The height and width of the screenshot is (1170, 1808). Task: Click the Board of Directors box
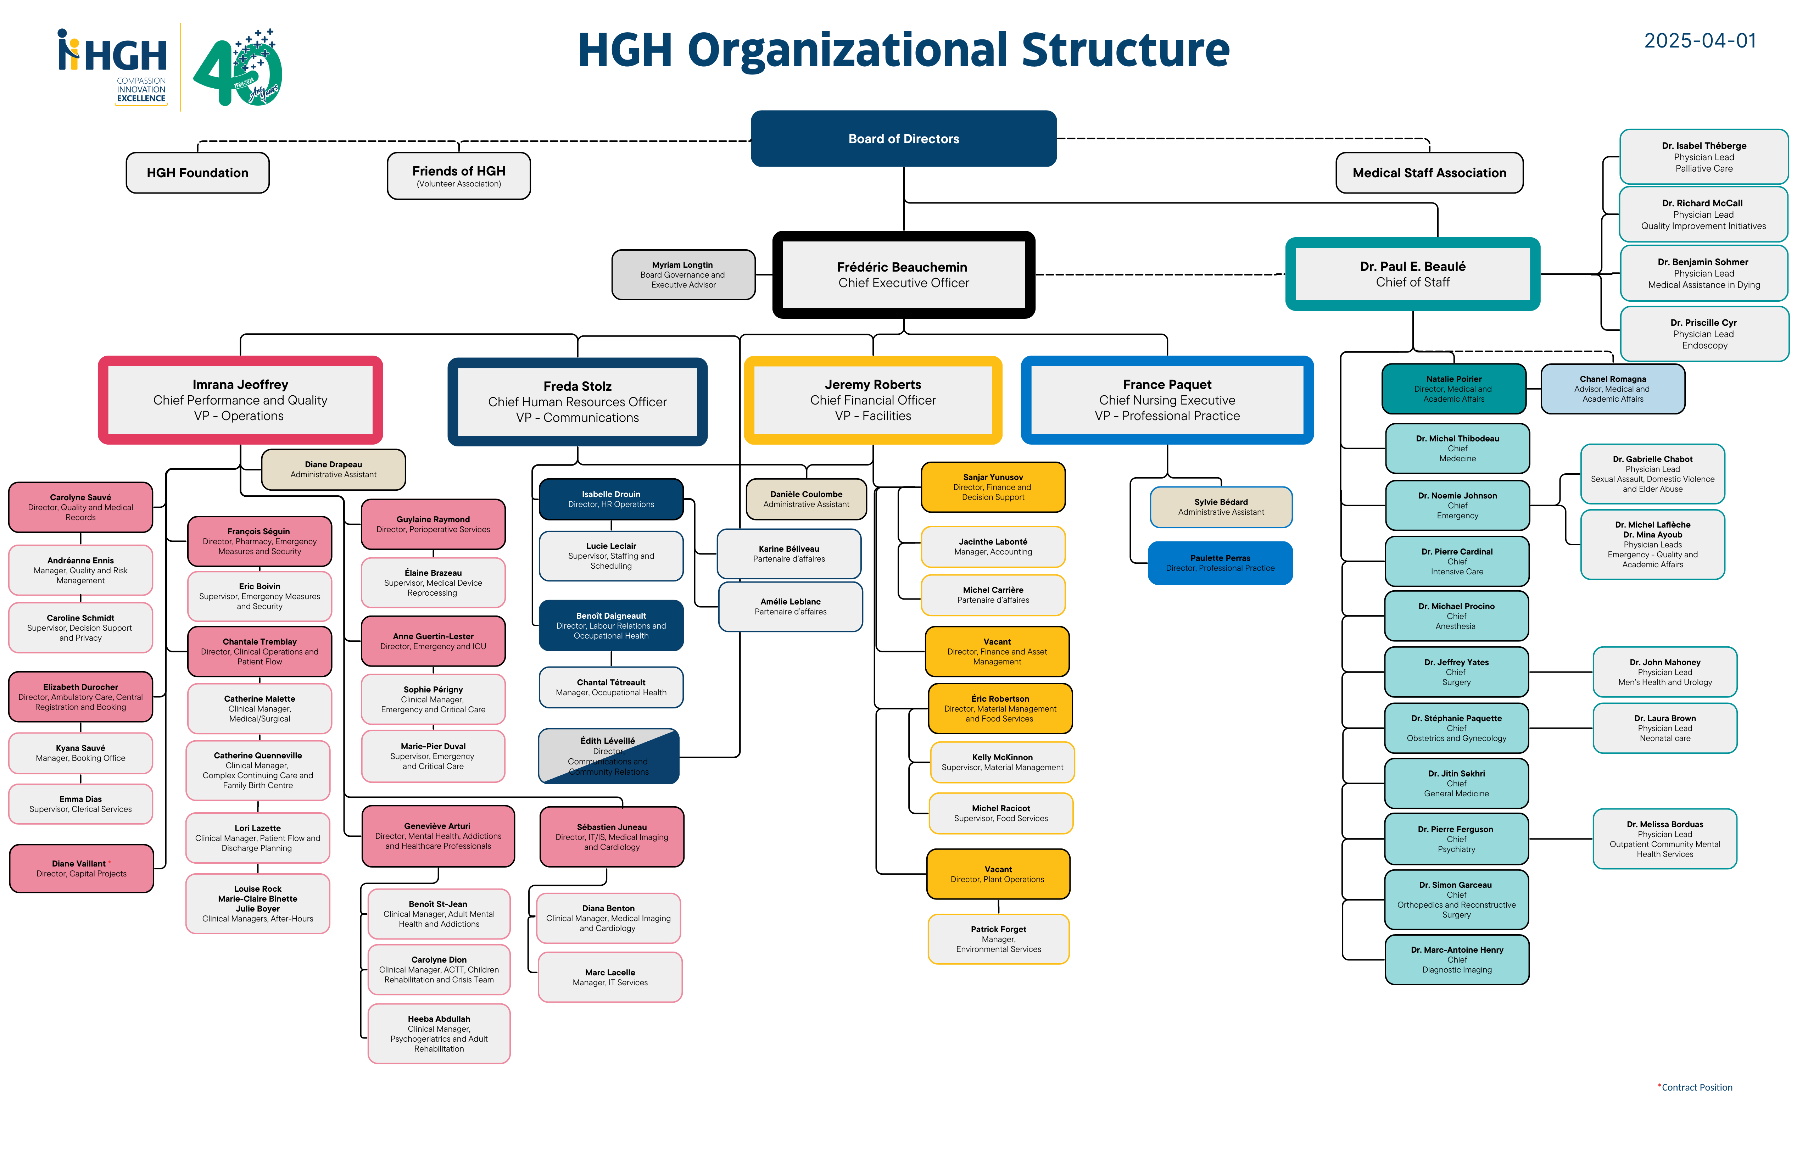[903, 138]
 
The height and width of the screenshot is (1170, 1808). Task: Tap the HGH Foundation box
[197, 172]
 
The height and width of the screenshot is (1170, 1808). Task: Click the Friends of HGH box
[459, 175]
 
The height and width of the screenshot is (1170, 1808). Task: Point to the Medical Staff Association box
[1429, 172]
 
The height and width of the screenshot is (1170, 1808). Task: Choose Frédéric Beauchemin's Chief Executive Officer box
[903, 274]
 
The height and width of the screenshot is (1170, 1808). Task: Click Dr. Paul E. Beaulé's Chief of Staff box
[1412, 273]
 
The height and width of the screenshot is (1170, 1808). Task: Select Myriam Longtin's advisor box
[683, 274]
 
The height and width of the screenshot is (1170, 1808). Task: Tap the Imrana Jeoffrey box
[240, 400]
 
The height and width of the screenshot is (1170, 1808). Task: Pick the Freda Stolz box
[577, 401]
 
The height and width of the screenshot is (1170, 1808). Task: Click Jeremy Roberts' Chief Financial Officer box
[873, 400]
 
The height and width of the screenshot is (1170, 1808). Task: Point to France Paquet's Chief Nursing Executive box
[1167, 400]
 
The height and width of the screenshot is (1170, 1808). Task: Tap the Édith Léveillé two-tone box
[608, 756]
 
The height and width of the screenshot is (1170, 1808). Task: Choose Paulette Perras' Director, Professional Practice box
[1220, 563]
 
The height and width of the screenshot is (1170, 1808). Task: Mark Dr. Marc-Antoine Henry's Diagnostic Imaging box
[1457, 959]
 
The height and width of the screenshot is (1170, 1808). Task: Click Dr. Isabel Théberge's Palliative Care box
[1704, 156]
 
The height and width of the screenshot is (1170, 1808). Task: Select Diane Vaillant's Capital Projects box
[81, 868]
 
